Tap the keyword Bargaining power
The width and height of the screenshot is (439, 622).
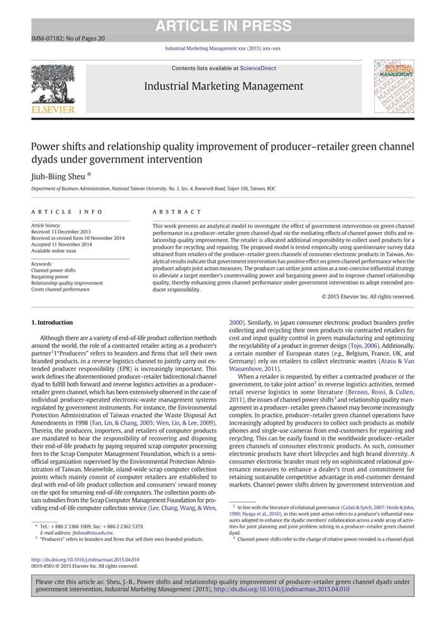(53, 277)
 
